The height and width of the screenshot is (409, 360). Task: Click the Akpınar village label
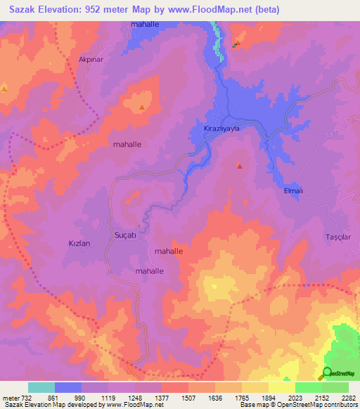click(x=91, y=60)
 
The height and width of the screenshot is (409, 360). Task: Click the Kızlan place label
click(x=79, y=242)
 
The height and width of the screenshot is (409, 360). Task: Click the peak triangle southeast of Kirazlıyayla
click(x=240, y=167)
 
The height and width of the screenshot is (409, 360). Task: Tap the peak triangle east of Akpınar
click(x=143, y=108)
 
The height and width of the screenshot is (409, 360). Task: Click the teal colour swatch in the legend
click(x=41, y=387)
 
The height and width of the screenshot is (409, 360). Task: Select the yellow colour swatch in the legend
click(x=281, y=387)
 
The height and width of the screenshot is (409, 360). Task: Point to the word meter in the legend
click(x=11, y=397)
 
